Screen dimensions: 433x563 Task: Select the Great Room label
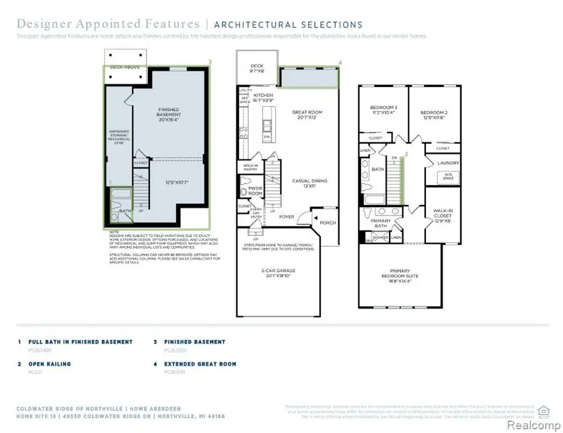(x=307, y=116)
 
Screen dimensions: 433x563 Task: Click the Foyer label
(x=287, y=217)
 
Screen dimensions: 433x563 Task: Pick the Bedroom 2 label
(x=433, y=116)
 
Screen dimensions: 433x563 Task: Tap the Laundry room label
(x=448, y=163)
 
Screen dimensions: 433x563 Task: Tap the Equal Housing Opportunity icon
(x=543, y=411)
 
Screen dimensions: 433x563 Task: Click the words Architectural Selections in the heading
(x=288, y=25)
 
